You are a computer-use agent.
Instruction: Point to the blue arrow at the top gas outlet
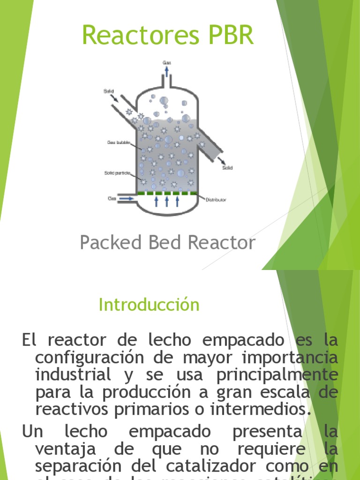(x=167, y=71)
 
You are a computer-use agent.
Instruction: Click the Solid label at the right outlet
(x=227, y=167)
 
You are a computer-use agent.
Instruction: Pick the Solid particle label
(x=116, y=172)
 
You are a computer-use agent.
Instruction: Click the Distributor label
(x=216, y=200)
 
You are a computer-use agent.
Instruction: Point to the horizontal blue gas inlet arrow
(x=126, y=199)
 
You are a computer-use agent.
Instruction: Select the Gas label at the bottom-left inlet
(x=112, y=198)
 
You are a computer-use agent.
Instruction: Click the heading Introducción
(x=149, y=305)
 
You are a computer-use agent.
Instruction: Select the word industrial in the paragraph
(x=73, y=375)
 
